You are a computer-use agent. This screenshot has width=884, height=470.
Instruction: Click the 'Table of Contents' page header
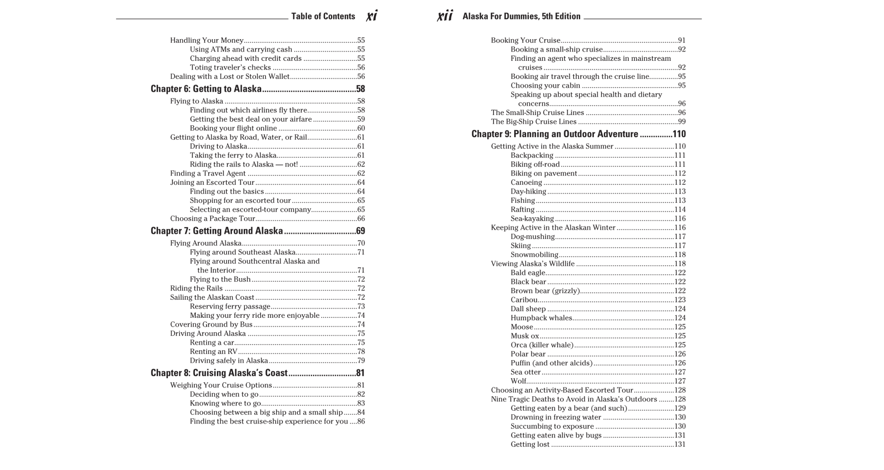point(323,17)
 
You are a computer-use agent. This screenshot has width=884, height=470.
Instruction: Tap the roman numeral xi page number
point(372,16)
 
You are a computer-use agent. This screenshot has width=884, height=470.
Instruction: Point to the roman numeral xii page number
point(445,16)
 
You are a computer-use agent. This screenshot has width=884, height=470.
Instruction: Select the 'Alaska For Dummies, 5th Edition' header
point(521,17)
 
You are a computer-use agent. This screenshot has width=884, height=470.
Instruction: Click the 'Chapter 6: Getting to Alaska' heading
point(206,89)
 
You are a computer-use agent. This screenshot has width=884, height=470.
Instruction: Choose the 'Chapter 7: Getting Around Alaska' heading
point(216,231)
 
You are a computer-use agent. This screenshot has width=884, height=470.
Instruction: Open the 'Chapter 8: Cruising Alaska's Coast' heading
point(219,373)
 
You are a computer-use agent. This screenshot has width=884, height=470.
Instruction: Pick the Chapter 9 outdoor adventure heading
point(555,134)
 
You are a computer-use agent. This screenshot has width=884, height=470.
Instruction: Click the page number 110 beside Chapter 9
point(679,134)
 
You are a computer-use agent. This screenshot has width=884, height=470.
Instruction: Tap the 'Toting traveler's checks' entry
point(230,68)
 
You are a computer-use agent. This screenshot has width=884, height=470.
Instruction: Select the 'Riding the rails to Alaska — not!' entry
point(244,165)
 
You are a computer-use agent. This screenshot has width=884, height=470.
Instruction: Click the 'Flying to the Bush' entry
point(220,280)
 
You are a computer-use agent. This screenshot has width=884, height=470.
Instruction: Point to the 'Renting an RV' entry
point(213,352)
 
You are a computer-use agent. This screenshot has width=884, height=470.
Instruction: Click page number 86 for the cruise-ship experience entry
point(361,422)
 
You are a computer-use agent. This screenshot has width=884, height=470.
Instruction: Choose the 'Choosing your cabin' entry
point(545,86)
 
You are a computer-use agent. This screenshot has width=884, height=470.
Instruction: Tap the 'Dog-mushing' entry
point(532,237)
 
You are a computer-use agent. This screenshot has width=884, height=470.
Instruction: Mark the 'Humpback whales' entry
point(541,318)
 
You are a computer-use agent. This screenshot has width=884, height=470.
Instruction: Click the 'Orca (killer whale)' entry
point(542,345)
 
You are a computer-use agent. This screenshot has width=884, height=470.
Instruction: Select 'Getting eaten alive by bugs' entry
point(556,435)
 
